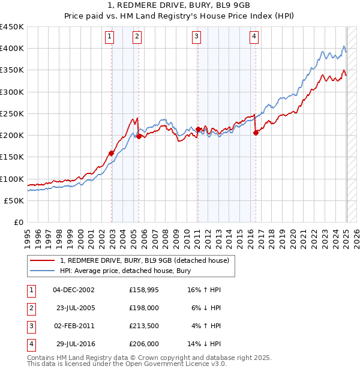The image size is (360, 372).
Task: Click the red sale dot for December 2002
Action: (111, 153)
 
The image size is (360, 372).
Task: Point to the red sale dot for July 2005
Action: (139, 136)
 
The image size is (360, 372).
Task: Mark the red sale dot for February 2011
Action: (198, 130)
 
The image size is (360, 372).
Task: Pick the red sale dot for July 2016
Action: (256, 133)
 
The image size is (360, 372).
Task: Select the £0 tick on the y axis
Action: (18, 222)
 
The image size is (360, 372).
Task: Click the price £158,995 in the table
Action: (143, 290)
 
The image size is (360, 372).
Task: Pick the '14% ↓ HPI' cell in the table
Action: (205, 344)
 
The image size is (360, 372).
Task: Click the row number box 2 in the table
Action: (31, 308)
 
